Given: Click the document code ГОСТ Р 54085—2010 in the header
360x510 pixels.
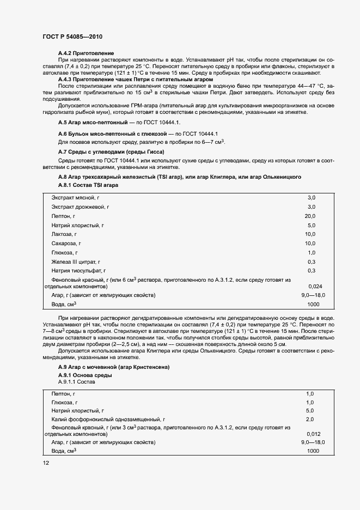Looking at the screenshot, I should coord(72,37).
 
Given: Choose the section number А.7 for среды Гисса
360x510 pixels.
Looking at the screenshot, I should coord(63,151).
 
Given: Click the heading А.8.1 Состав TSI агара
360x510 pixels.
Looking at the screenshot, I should coord(88,185).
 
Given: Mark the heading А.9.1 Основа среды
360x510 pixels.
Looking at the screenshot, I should coord(84,375).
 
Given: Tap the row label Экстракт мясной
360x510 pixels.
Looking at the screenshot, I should coord(76,197).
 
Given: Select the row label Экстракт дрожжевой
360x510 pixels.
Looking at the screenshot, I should coord(80,207).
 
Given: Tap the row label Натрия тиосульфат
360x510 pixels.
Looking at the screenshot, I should coord(78,270).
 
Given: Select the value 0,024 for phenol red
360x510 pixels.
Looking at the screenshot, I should coord(315,286).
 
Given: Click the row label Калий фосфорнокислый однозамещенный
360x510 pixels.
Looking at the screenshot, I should coord(107,419).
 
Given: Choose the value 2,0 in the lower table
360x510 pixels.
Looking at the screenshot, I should coord(310,419).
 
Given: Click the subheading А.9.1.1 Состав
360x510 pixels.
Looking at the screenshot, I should coord(76,382).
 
